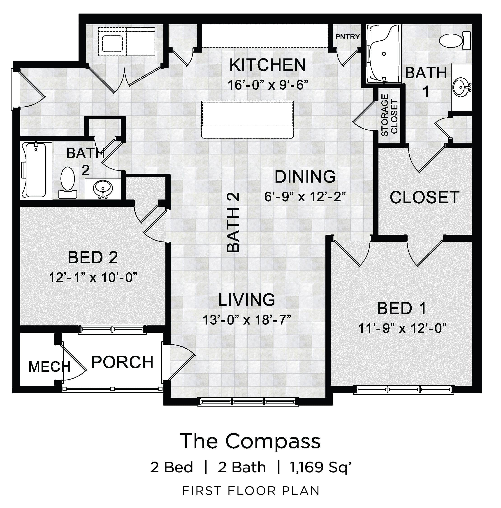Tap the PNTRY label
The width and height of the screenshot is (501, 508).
(x=347, y=37)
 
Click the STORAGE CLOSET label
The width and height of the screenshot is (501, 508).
(x=390, y=115)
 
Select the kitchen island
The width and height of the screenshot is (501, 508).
(x=247, y=119)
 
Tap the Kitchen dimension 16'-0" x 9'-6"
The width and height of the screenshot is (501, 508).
(x=267, y=85)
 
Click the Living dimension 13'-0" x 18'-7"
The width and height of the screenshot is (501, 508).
(x=247, y=320)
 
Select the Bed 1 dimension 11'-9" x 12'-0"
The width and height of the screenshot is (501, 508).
(x=402, y=328)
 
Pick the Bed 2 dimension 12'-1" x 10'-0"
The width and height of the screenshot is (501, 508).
(x=93, y=277)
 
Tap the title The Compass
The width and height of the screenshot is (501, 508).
(x=250, y=441)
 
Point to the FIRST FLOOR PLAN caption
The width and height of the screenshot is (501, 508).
(x=251, y=491)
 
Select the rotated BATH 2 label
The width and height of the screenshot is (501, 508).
(x=233, y=223)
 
